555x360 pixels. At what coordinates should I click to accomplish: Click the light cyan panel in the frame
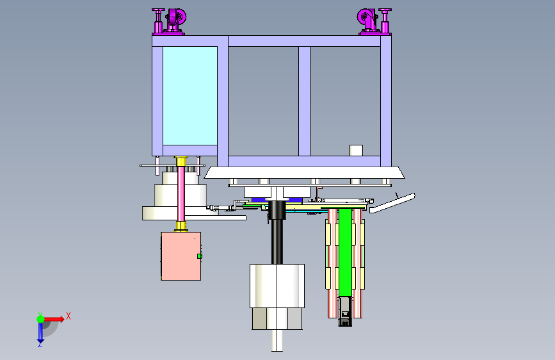[x=190, y=95]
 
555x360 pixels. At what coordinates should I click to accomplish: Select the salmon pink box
[x=181, y=256]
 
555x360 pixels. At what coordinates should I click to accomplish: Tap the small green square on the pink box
[x=200, y=256]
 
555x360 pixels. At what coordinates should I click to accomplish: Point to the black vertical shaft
[x=277, y=232]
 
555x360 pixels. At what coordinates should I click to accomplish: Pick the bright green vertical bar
[x=345, y=252]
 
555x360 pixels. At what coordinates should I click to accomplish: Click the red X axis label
[x=68, y=316]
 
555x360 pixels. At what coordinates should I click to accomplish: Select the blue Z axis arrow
[x=40, y=333]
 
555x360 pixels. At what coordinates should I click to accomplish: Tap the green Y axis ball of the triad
[x=41, y=319]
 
